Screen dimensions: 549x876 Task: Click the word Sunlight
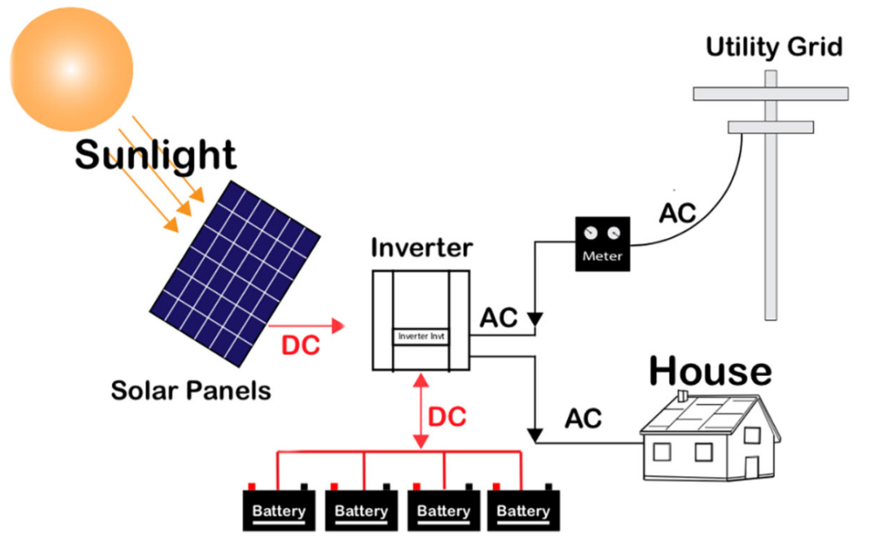coord(155,155)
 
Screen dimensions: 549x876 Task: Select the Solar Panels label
coord(191,391)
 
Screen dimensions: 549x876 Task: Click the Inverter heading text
coord(421,248)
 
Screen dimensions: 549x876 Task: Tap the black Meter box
coord(602,244)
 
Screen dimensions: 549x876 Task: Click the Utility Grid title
coord(773,47)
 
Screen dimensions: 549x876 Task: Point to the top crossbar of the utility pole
coord(770,93)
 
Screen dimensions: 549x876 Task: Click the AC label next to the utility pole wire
coord(677,212)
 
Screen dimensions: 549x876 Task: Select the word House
coord(709,372)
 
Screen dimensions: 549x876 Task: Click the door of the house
coord(751,468)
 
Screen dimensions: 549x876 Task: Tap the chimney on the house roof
coord(682,396)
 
